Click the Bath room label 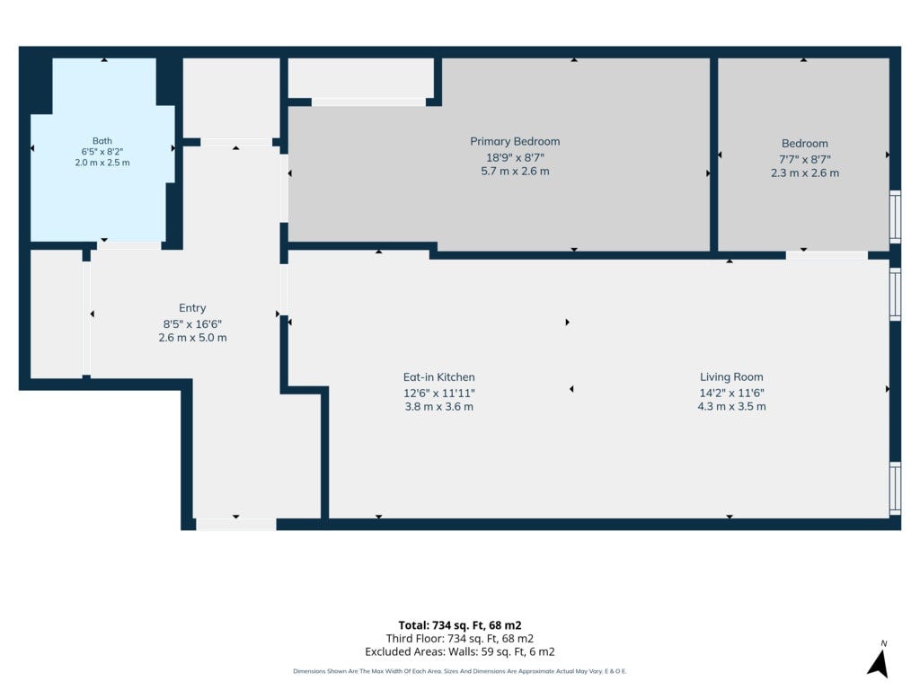pyautogui.click(x=102, y=141)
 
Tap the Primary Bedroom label pyautogui.click(x=515, y=141)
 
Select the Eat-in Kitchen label pyautogui.click(x=438, y=377)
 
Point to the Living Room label pyautogui.click(x=731, y=377)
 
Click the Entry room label pyautogui.click(x=192, y=308)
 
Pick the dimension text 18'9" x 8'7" pyautogui.click(x=515, y=158)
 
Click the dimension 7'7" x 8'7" pyautogui.click(x=804, y=159)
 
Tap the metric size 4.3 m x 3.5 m pyautogui.click(x=731, y=407)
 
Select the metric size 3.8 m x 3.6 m pyautogui.click(x=438, y=407)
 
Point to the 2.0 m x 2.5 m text pyautogui.click(x=102, y=163)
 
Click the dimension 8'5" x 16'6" pyautogui.click(x=192, y=323)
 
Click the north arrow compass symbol pyautogui.click(x=879, y=661)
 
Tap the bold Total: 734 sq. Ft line pyautogui.click(x=459, y=625)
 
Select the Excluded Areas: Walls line pyautogui.click(x=459, y=652)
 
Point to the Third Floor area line pyautogui.click(x=459, y=639)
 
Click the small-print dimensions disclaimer pyautogui.click(x=459, y=671)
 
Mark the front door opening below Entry pyautogui.click(x=236, y=525)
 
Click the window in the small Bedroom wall pyautogui.click(x=896, y=217)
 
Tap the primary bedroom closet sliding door pyautogui.click(x=368, y=102)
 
